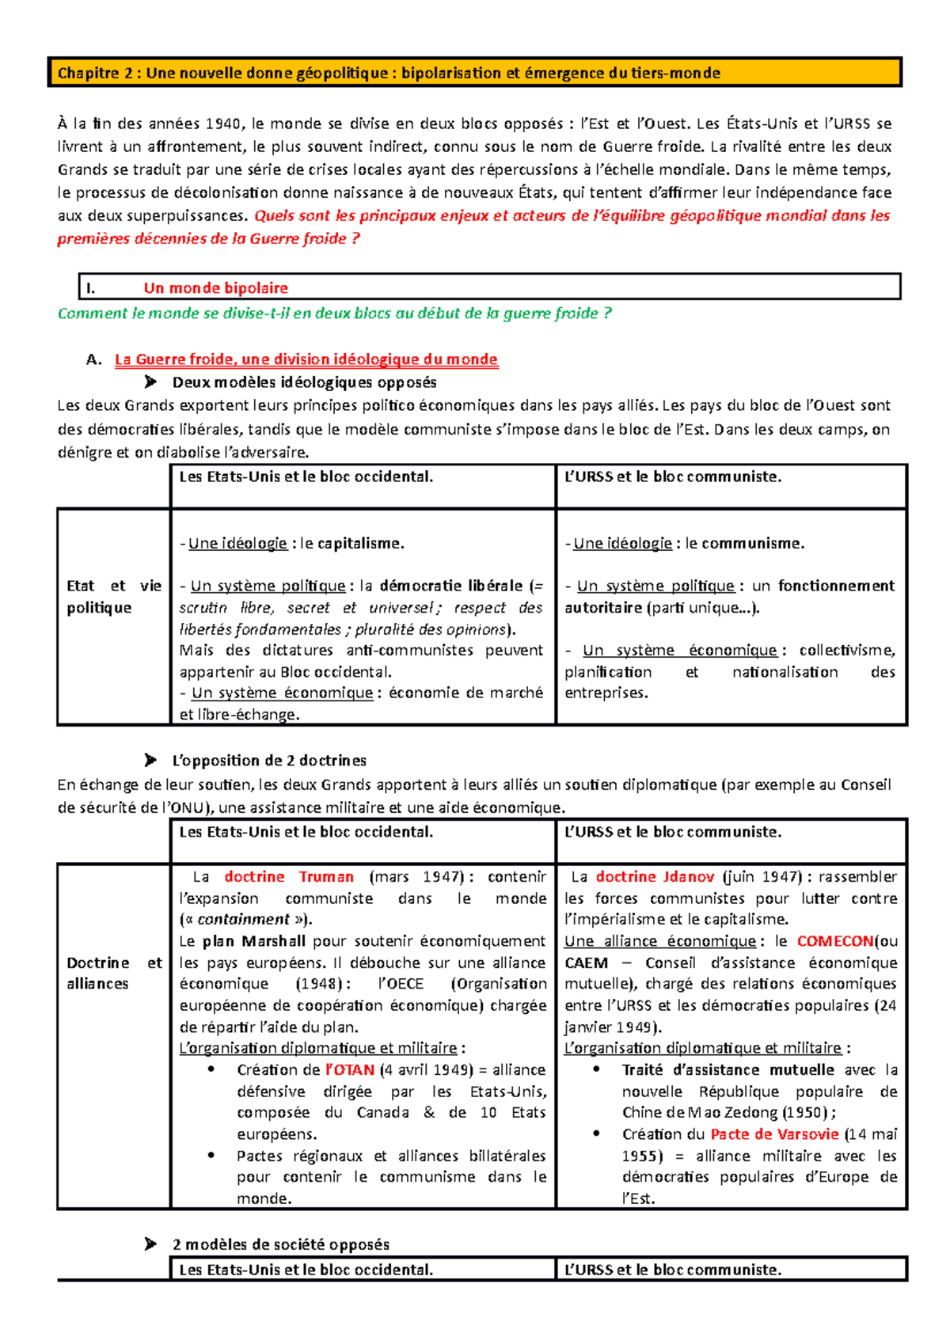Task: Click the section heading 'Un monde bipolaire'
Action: (x=215, y=288)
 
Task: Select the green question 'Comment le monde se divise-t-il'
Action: (x=334, y=313)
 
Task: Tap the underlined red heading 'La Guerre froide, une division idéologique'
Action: (x=306, y=359)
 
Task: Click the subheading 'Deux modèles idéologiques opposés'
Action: (x=304, y=382)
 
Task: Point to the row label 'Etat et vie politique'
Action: (x=113, y=597)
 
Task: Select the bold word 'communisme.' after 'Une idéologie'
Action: (x=752, y=544)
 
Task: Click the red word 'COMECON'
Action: (x=834, y=942)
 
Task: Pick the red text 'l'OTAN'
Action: (x=349, y=1070)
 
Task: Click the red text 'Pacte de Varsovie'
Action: (x=773, y=1134)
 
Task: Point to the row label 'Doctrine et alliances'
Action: (x=113, y=974)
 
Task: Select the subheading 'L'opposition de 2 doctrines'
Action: (x=268, y=761)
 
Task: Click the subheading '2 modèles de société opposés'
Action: (x=280, y=1244)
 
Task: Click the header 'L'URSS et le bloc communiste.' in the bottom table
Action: (x=672, y=1270)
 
